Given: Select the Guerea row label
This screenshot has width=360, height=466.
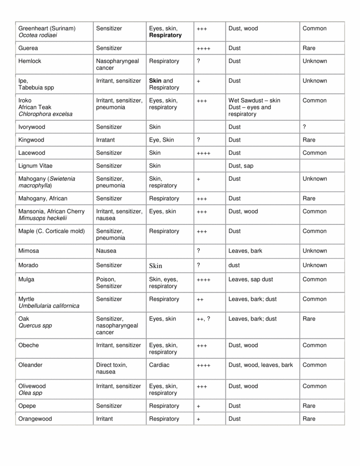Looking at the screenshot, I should (28, 48).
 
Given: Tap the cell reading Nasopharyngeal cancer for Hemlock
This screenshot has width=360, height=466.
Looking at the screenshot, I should (117, 65).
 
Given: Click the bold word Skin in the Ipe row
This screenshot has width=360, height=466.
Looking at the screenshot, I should (155, 81).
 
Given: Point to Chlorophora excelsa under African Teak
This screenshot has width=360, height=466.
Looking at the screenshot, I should (45, 114).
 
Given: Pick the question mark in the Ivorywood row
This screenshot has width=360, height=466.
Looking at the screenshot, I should (304, 127).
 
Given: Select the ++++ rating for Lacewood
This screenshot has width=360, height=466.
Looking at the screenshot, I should (203, 153).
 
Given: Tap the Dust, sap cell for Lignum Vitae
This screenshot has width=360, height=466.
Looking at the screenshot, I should (241, 166).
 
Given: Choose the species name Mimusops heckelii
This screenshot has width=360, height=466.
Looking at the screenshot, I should (42, 218).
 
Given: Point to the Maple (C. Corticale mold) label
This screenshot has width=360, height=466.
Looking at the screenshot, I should (51, 231).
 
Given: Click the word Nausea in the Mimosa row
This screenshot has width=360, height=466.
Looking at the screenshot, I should (106, 251).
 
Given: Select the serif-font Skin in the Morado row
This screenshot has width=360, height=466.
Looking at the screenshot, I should (156, 266).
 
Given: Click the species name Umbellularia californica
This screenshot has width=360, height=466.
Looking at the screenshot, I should (49, 306).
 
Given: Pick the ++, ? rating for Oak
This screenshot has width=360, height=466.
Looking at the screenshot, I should (203, 319).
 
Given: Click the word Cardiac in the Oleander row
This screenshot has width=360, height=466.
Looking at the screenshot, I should (159, 365).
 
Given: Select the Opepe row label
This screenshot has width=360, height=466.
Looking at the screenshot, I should (27, 406).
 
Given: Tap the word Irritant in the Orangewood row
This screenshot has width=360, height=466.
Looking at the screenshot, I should (106, 419).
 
